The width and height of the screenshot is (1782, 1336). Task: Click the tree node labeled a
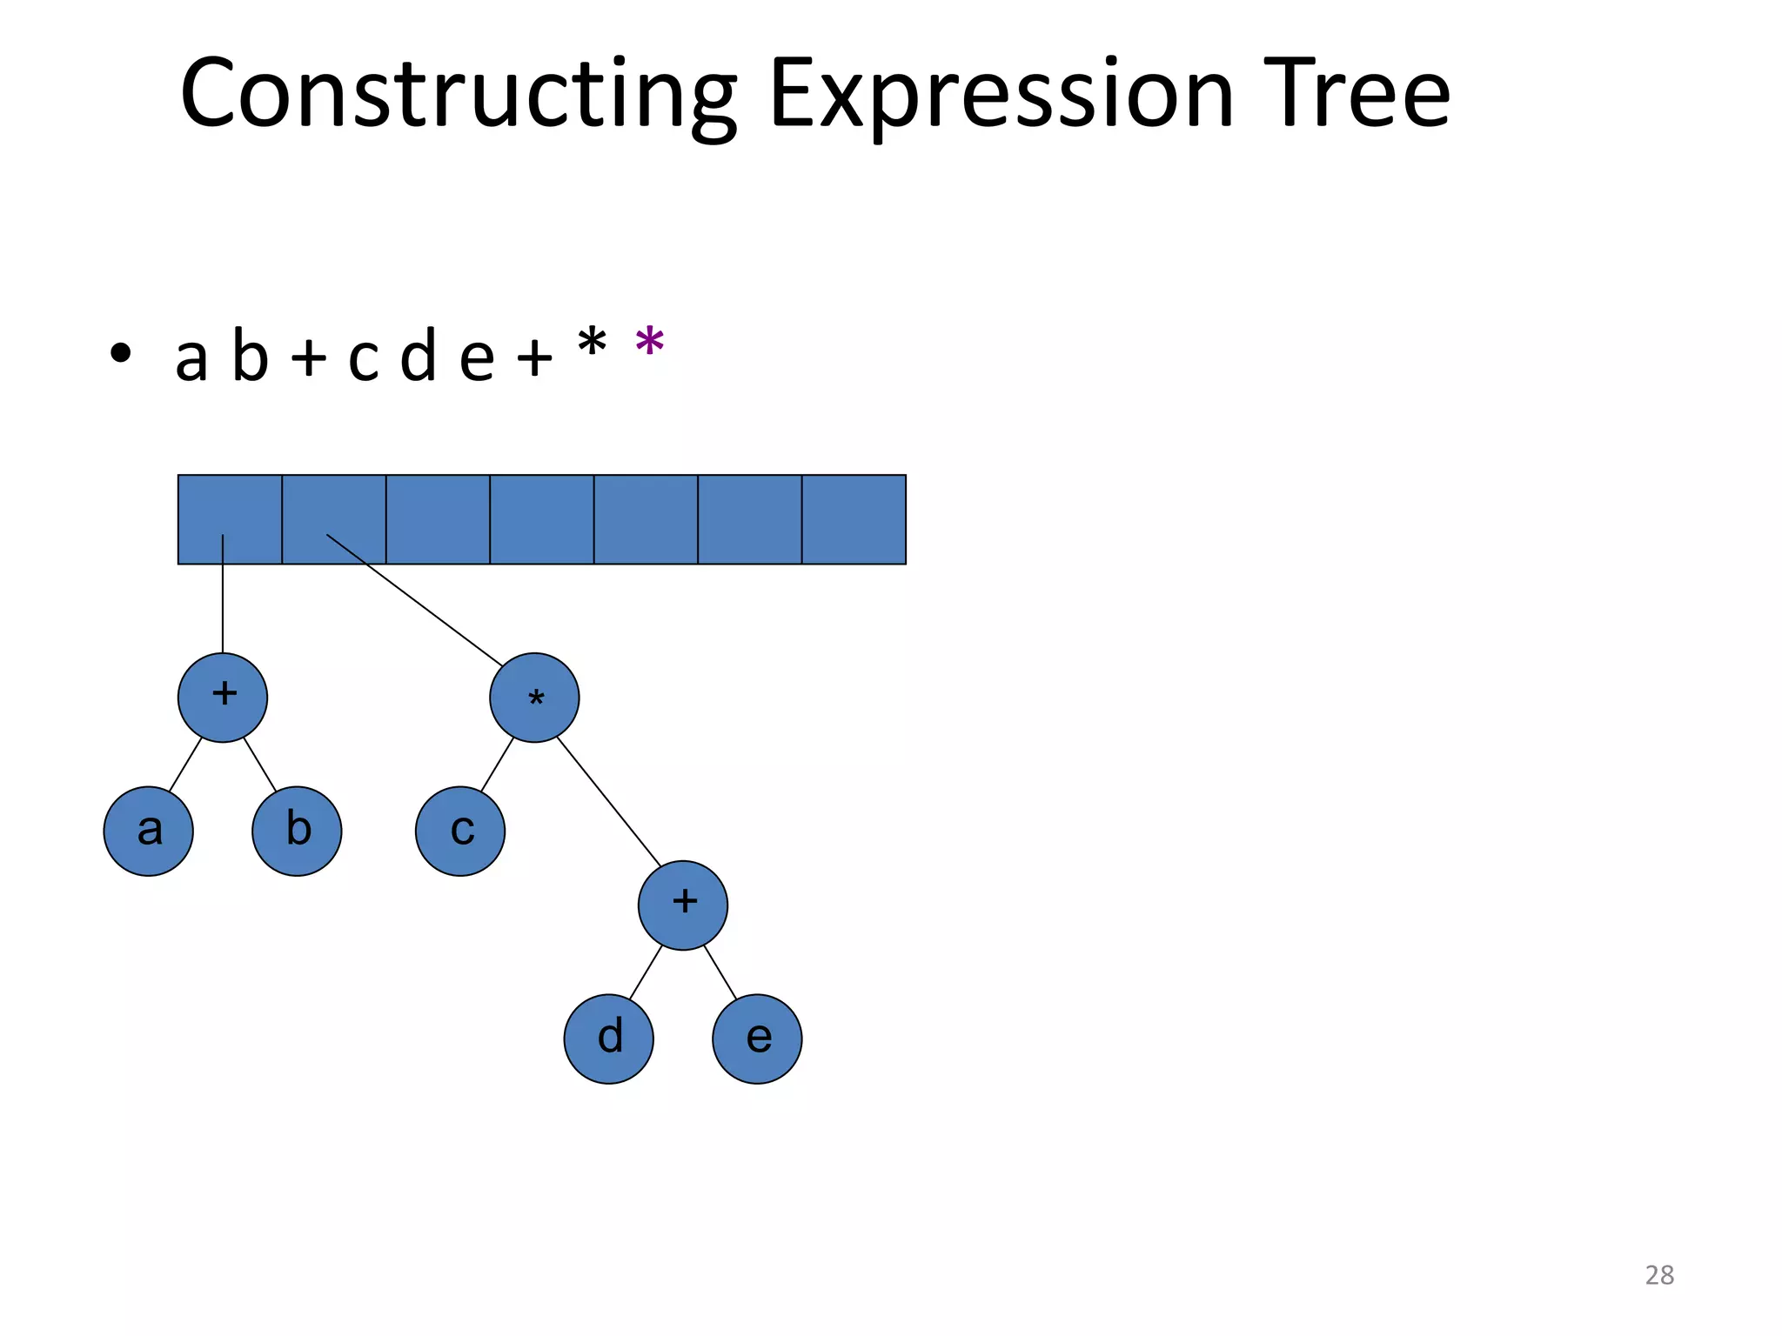148,831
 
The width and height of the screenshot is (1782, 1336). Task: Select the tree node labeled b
297,831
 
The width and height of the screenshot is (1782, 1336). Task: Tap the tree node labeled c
460,831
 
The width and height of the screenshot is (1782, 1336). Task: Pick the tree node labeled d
609,1039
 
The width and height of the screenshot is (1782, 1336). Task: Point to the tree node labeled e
757,1039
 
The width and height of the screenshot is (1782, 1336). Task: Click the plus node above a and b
223,697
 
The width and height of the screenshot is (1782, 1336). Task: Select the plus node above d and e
683,905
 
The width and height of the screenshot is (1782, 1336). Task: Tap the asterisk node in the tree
534,697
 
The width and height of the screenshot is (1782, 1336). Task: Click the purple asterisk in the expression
650,343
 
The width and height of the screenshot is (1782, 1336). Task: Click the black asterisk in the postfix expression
592,343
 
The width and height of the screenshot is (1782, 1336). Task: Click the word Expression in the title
1001,94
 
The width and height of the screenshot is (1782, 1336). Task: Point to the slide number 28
1659,1275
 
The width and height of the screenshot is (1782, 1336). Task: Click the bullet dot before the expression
121,353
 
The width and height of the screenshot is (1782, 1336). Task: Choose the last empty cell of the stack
854,519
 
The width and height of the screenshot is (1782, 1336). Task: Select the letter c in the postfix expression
364,357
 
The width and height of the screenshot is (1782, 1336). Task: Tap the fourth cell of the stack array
542,519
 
